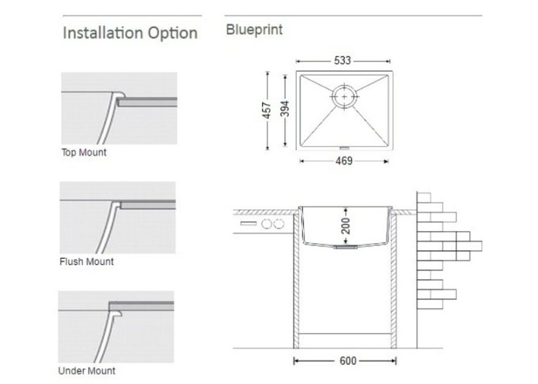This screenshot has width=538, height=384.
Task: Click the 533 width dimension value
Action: tap(342, 61)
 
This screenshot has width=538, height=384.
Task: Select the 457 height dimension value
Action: tap(267, 111)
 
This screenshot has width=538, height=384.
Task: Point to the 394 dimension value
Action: tap(285, 109)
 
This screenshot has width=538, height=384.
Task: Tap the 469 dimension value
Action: tap(344, 161)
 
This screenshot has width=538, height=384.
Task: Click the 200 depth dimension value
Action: tap(346, 225)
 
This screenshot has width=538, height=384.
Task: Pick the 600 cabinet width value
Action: tap(348, 361)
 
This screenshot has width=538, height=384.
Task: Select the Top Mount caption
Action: tap(84, 152)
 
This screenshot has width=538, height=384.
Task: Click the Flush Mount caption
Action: tap(87, 261)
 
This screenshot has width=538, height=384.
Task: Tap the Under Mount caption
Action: tap(87, 371)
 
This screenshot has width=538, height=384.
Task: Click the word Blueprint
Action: tap(255, 30)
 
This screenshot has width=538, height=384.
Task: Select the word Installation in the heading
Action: tap(103, 33)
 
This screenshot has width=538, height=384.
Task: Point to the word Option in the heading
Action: tap(172, 34)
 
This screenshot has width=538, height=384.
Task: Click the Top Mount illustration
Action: tap(119, 109)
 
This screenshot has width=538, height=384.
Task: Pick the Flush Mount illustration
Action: tap(117, 218)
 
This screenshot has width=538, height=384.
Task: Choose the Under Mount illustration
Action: tap(116, 327)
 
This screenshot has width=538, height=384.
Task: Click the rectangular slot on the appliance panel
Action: tap(248, 224)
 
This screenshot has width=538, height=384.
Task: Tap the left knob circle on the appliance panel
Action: tap(267, 224)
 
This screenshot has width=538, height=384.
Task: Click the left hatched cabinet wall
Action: tap(296, 280)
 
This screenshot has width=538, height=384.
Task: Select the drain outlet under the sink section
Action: tap(346, 247)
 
